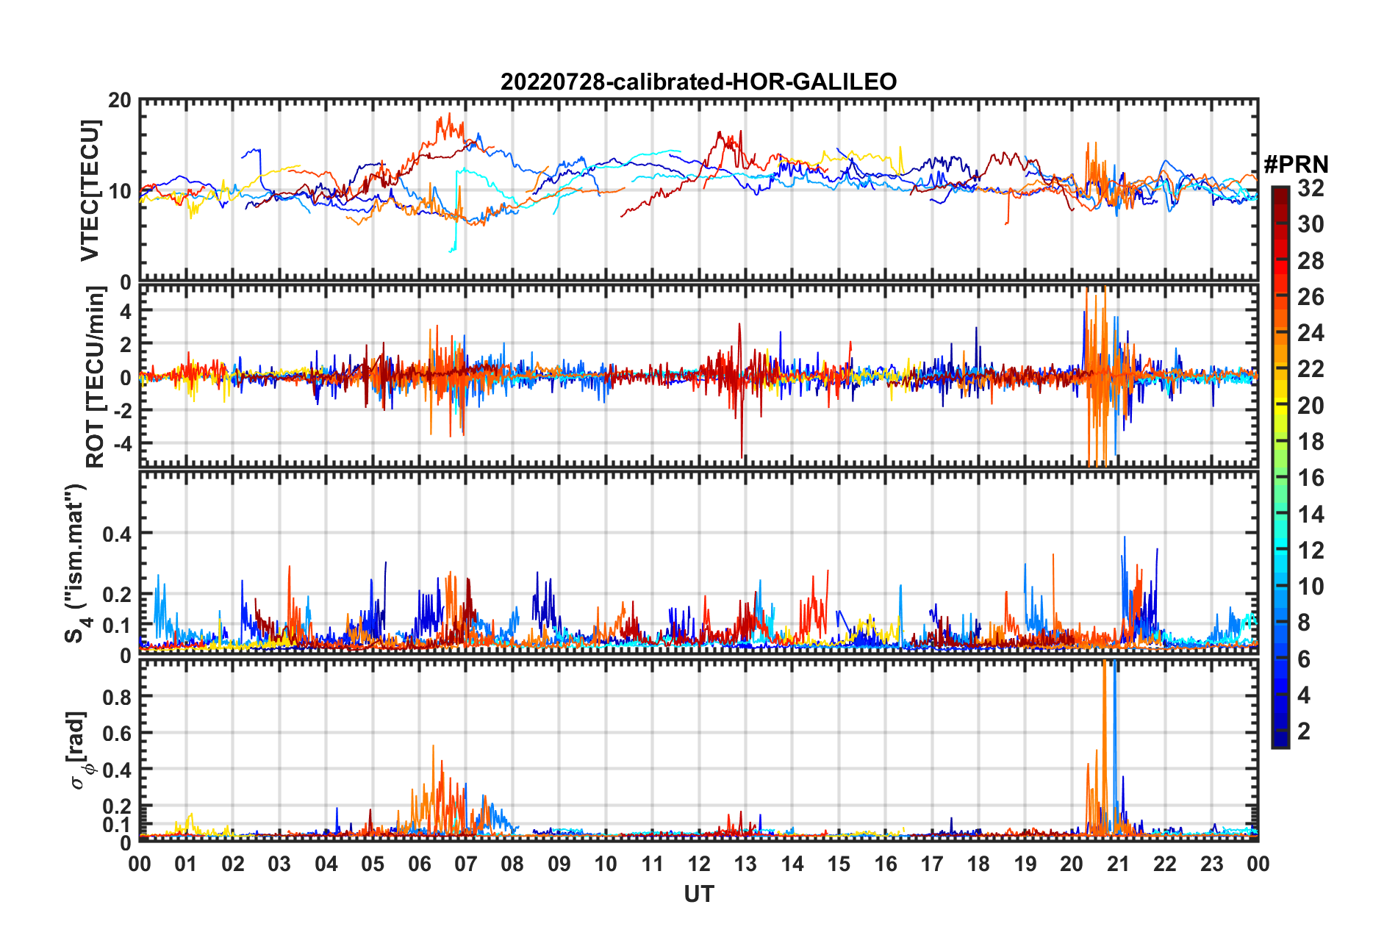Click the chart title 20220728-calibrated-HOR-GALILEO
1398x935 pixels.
pyautogui.click(x=698, y=82)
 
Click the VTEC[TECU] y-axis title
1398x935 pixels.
pyautogui.click(x=90, y=190)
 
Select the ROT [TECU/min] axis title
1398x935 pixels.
pyautogui.click(x=96, y=377)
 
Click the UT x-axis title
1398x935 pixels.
pyautogui.click(x=698, y=895)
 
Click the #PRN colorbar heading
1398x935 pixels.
pyautogui.click(x=1296, y=164)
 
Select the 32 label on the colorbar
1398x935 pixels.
pyautogui.click(x=1311, y=188)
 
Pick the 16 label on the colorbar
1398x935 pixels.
pyautogui.click(x=1311, y=478)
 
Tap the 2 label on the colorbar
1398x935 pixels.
pyautogui.click(x=1305, y=731)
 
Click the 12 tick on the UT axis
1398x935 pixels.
pyautogui.click(x=698, y=864)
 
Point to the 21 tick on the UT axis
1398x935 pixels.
pyautogui.click(x=1118, y=864)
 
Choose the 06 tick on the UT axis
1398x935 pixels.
pyautogui.click(x=419, y=864)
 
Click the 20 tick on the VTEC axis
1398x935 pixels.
pyautogui.click(x=120, y=101)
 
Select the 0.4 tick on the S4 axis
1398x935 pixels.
pyautogui.click(x=117, y=534)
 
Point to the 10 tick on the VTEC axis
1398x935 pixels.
pyautogui.click(x=120, y=192)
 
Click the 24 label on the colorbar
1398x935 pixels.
pyautogui.click(x=1311, y=333)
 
